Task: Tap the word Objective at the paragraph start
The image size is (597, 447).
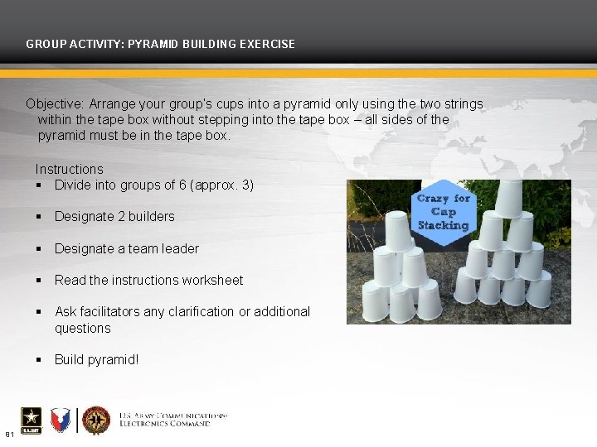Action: (x=55, y=104)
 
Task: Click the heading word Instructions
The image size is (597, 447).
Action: (x=70, y=169)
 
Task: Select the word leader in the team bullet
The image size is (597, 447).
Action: (x=179, y=248)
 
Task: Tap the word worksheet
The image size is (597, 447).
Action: (x=213, y=280)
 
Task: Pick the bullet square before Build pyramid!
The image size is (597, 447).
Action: (x=39, y=359)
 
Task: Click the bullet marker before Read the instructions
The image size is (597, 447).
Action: (x=39, y=280)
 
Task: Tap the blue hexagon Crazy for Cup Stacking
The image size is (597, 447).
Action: (x=443, y=212)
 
